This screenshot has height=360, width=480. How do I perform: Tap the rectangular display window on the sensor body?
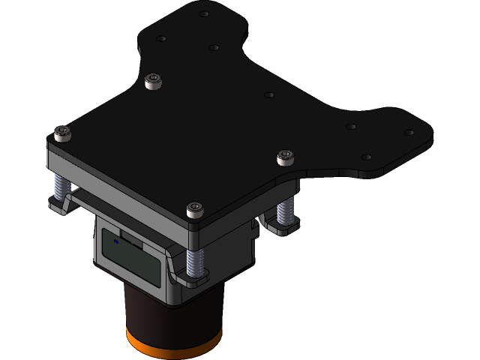(x=132, y=259)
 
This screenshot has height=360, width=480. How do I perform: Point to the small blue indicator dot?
(x=116, y=241)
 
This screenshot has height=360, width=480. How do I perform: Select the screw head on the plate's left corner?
(x=61, y=133)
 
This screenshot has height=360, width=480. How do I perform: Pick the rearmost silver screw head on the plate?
(x=153, y=79)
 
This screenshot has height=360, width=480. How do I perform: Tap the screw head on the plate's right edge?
(x=285, y=157)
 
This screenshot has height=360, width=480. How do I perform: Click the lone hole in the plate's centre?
(x=269, y=95)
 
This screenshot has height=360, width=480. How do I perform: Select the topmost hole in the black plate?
(x=204, y=13)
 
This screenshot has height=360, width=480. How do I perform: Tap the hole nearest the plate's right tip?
(x=409, y=132)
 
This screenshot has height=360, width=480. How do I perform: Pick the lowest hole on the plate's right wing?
(x=366, y=157)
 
